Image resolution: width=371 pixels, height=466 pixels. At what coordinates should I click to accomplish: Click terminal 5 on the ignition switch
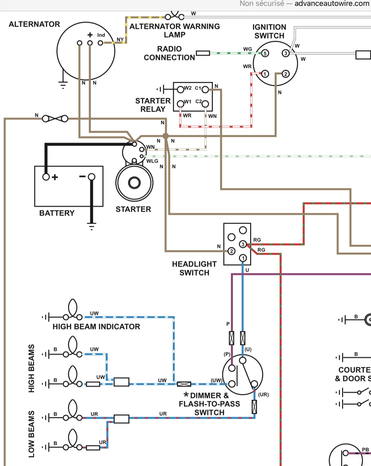pos(265,53)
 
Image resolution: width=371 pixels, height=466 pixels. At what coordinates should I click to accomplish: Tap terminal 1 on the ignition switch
pos(265,74)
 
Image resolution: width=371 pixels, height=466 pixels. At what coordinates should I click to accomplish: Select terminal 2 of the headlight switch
pos(231,251)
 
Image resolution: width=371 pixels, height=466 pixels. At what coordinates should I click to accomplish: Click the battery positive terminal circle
pos(46,177)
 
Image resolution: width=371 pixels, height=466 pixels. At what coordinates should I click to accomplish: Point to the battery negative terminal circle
pos(92,177)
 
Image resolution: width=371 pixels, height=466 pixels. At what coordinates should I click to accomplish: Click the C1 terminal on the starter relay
pos(205,89)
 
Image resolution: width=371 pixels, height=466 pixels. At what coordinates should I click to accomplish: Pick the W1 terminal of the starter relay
pos(181,103)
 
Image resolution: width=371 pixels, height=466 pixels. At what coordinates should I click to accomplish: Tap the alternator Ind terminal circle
pos(101,43)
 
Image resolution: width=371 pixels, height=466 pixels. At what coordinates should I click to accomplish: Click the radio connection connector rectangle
pos(203,53)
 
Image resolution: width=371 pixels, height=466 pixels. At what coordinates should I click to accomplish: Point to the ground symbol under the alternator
pos(63,85)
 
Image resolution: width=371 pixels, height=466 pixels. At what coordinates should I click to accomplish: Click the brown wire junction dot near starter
pos(165,136)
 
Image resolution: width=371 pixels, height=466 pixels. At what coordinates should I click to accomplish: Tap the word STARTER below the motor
pos(133,209)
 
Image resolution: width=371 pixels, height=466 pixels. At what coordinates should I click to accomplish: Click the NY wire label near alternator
pos(120,39)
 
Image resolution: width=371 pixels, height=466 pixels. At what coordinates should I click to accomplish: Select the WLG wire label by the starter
pos(152,161)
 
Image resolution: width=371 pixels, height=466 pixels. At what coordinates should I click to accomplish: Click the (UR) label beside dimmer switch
pos(263,394)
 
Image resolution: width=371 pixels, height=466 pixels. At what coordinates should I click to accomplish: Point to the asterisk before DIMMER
pos(186,395)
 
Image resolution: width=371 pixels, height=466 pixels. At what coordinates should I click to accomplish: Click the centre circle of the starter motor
pos(134,183)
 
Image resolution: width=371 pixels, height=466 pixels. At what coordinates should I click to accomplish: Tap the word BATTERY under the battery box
pos(57,213)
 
